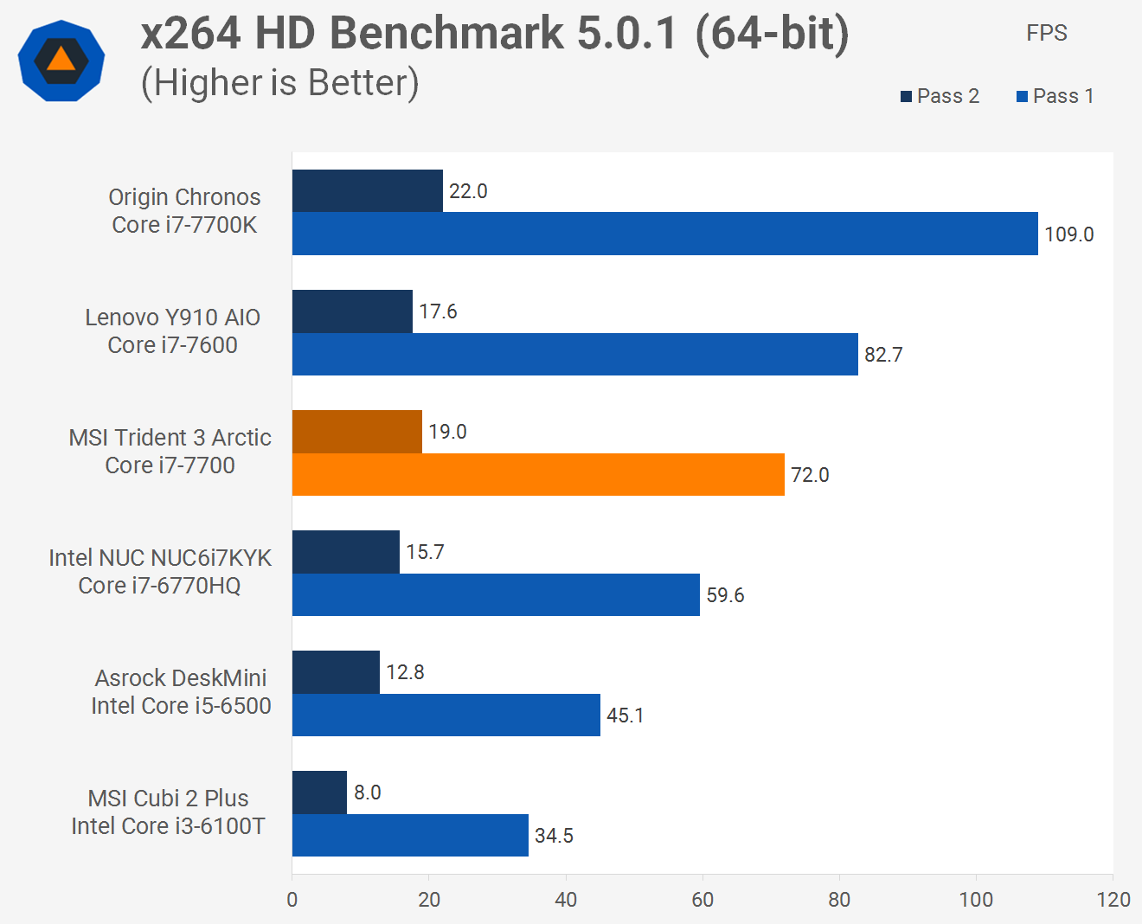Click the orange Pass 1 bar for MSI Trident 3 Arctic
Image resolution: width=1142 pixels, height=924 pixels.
coord(538,474)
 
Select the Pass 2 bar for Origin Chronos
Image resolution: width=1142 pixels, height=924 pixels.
coord(368,191)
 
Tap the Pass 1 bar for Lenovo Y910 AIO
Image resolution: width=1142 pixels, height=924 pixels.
coord(575,354)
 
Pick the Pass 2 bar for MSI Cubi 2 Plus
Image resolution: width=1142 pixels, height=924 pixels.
coord(319,792)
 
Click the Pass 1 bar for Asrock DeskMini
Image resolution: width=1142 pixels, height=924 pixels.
coord(446,715)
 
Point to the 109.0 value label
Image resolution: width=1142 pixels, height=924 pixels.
coord(1068,234)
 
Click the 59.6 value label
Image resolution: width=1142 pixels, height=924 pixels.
coord(725,595)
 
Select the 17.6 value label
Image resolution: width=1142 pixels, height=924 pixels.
coord(438,311)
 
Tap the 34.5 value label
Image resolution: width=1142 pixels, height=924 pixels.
coord(554,836)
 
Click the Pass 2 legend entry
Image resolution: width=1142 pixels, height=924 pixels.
coord(940,96)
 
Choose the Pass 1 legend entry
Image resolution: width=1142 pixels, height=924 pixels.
coord(1055,96)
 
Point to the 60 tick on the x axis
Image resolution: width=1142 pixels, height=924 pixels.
coord(703,900)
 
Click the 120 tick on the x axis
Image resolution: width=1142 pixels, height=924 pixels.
coord(1113,900)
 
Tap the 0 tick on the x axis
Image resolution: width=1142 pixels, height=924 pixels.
coord(292,900)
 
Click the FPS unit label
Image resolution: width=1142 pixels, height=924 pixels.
coord(1046,33)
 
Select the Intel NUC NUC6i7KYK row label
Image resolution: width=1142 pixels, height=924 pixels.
coord(160,558)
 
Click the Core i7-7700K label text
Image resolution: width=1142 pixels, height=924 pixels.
coord(184,225)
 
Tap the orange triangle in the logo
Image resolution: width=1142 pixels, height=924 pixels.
coord(61,59)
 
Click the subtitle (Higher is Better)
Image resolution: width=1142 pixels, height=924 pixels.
coord(279,83)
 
